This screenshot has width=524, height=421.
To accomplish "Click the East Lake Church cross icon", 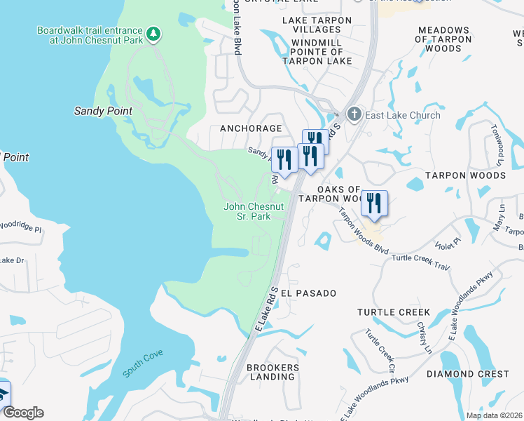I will tap(354, 114).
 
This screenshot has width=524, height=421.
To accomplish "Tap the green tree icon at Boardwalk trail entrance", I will tap(153, 33).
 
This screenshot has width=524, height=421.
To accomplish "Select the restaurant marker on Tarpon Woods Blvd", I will tap(374, 203).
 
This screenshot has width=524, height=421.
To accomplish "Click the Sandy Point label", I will tap(103, 111).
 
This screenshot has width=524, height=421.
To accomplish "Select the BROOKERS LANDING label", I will tap(273, 372).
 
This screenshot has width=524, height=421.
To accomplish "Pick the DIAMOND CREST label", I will tap(467, 374).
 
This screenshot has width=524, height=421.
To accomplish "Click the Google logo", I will tap(22, 413).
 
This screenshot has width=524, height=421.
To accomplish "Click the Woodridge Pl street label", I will tap(21, 227).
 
